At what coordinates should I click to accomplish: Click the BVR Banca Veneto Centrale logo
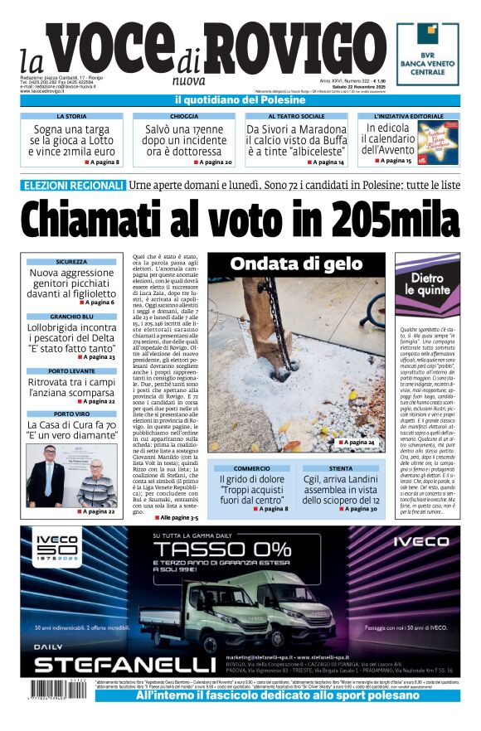click(x=427, y=53)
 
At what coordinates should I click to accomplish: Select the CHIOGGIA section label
click(x=183, y=117)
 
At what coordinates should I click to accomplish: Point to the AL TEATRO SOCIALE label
click(x=296, y=117)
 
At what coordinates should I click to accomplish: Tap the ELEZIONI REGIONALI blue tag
click(x=75, y=185)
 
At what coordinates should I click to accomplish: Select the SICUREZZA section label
click(x=71, y=262)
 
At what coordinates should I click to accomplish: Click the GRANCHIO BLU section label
click(x=71, y=317)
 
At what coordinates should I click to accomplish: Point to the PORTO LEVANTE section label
click(x=71, y=371)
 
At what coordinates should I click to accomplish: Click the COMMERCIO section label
click(x=250, y=468)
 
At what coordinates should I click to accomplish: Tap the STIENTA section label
click(x=340, y=468)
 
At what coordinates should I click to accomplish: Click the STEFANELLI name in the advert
click(x=124, y=665)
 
